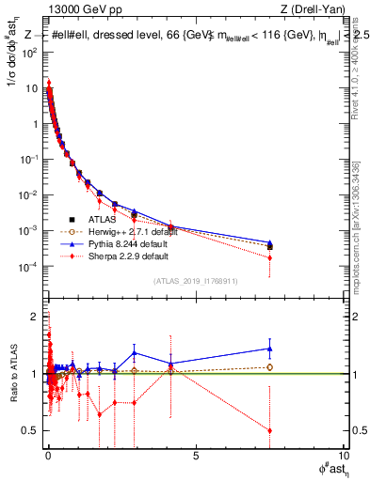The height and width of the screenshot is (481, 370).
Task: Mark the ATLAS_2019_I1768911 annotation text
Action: click(194, 281)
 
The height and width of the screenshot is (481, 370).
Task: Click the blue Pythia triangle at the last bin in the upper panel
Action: click(270, 242)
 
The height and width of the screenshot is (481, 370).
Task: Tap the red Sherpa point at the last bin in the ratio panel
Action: click(270, 430)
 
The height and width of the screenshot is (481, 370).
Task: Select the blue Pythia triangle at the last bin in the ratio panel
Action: click(270, 349)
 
